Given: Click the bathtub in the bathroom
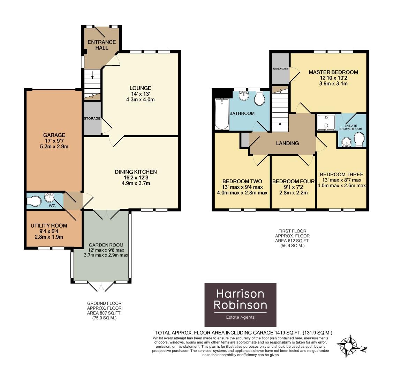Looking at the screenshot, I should [x=222, y=114].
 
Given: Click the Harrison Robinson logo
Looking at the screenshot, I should [x=240, y=304].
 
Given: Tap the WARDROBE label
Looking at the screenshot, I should [x=280, y=69].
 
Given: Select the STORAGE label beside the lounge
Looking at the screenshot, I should [x=92, y=119].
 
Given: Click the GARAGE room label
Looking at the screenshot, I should [x=54, y=135].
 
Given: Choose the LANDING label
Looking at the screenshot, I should [x=287, y=143].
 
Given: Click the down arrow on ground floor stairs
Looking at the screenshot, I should [x=92, y=74].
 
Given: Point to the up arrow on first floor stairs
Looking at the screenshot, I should [x=280, y=124].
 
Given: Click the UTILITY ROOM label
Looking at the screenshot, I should [x=49, y=226].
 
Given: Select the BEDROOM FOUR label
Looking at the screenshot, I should [x=293, y=181].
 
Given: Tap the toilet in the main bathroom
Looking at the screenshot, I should [x=259, y=99].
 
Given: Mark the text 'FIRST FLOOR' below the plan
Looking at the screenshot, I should [x=292, y=231].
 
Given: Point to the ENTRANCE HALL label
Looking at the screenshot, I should [x=101, y=45].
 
